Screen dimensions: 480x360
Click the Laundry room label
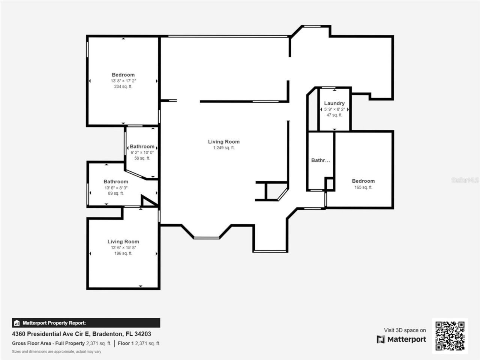(x=334, y=103)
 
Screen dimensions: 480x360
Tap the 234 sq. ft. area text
(x=123, y=87)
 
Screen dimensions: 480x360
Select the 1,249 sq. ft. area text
(x=223, y=148)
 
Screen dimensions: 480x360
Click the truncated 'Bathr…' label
(x=321, y=160)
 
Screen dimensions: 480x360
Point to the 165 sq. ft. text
(x=363, y=187)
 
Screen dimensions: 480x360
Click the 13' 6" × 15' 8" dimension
(x=123, y=247)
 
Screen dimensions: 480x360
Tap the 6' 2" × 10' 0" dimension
(x=142, y=153)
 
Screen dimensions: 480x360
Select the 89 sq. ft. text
(x=115, y=193)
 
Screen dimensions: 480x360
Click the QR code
(x=450, y=336)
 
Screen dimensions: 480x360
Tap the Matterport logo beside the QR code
(x=401, y=339)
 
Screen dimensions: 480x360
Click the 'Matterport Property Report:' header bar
(x=86, y=323)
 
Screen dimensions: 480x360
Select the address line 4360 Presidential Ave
(x=81, y=334)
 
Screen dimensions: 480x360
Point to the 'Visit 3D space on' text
(x=405, y=330)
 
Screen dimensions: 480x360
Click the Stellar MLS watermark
(x=465, y=180)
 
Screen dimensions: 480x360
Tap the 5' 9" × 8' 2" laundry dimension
(x=334, y=109)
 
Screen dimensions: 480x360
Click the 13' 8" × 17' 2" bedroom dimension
(x=123, y=81)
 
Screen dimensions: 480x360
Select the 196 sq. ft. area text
(x=123, y=253)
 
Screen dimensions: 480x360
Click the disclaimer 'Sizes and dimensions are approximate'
(x=56, y=352)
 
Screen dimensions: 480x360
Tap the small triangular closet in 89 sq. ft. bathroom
(x=147, y=202)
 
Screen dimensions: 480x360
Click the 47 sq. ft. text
(x=334, y=115)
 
